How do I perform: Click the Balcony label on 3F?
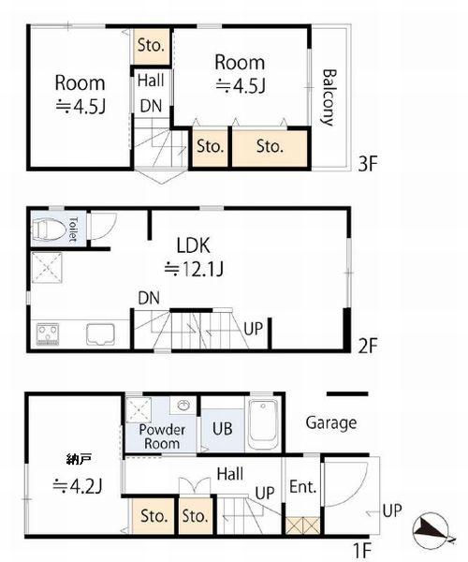click(x=329, y=97)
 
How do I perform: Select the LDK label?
click(x=194, y=245)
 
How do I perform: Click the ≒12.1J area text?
click(x=195, y=269)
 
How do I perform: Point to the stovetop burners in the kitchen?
click(x=48, y=333)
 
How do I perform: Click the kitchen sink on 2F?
click(x=100, y=334)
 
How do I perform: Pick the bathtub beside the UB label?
click(x=263, y=424)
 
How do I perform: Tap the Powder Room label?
click(x=162, y=436)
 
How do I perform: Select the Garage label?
click(x=331, y=423)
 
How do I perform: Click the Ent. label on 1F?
click(x=303, y=487)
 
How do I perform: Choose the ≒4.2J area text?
click(x=78, y=485)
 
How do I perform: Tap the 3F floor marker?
click(x=368, y=164)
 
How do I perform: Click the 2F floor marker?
click(x=368, y=346)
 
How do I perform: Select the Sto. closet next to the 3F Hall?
click(x=151, y=46)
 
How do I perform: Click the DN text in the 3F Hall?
click(x=151, y=106)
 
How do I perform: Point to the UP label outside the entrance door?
click(x=392, y=510)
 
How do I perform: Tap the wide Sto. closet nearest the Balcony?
click(x=270, y=147)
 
